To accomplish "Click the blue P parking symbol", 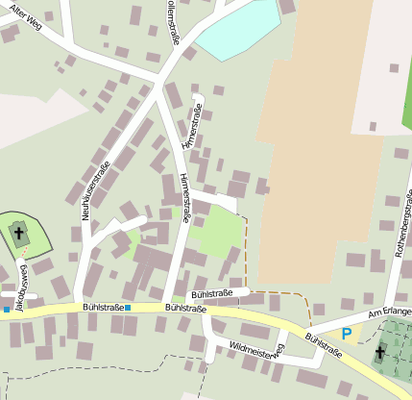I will click(346, 334).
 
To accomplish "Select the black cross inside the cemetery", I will click(380, 352).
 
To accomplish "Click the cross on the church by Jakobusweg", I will click(19, 232).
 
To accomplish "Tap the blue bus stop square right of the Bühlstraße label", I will click(127, 308).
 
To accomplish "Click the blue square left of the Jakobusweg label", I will click(6, 310).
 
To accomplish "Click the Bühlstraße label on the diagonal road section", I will click(325, 346).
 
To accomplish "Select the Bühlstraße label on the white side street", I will click(213, 292).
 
